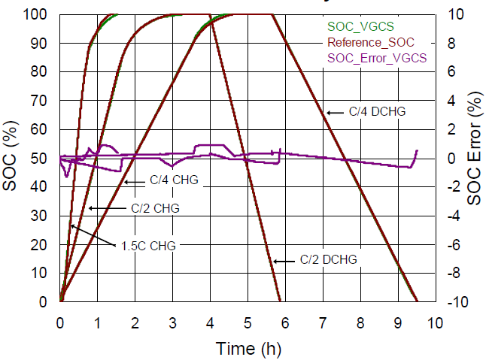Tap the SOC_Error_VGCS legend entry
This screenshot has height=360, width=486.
coord(375,58)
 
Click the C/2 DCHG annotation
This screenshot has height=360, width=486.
coord(328,260)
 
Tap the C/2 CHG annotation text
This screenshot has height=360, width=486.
coord(155,207)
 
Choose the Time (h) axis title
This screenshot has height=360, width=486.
coord(247,348)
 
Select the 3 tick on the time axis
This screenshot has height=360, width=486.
coord(173,322)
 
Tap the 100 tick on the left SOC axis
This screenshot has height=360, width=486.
coord(41,14)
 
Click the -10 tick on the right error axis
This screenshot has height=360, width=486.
coord(455,302)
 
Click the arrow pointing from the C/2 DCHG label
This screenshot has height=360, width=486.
coord(285,261)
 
